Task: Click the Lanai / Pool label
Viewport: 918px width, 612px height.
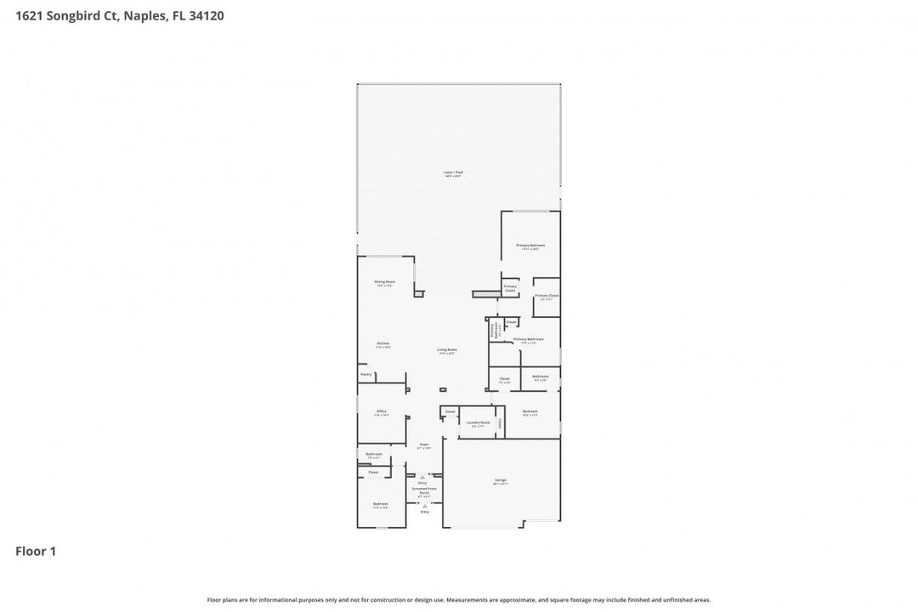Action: click(x=453, y=173)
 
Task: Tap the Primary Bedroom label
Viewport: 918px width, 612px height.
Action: click(x=530, y=246)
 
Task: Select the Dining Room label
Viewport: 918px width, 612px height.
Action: click(x=384, y=281)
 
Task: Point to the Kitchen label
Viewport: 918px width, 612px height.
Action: click(x=383, y=343)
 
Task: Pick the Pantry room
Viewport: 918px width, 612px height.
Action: click(x=365, y=374)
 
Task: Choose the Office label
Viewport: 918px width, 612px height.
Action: click(x=382, y=411)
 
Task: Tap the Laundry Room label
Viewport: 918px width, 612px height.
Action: click(x=479, y=422)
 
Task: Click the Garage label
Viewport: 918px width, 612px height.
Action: click(x=501, y=480)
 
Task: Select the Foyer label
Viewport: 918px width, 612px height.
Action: click(x=423, y=445)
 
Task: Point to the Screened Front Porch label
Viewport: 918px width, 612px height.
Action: click(x=424, y=490)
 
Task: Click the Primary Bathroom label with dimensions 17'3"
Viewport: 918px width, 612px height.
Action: click(x=529, y=340)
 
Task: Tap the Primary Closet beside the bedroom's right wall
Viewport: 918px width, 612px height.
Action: click(x=547, y=296)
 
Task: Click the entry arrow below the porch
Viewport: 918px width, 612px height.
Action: click(x=424, y=507)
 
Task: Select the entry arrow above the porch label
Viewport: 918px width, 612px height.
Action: click(x=422, y=478)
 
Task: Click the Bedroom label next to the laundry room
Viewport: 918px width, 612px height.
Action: click(x=530, y=411)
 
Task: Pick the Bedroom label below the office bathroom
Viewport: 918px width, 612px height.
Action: click(x=380, y=504)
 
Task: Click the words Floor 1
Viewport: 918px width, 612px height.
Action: click(x=36, y=552)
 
